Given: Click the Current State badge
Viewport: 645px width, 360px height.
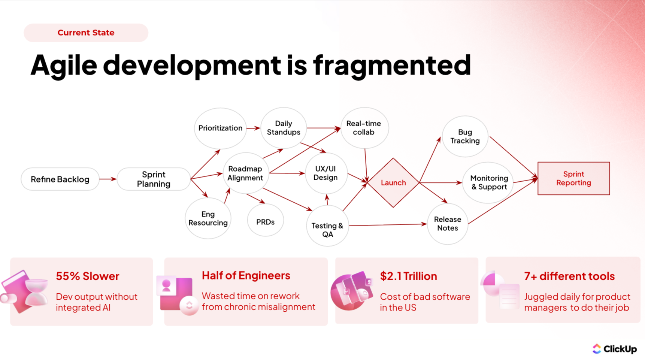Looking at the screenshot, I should pos(86,33).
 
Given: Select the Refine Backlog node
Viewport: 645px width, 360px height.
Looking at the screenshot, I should pos(60,179).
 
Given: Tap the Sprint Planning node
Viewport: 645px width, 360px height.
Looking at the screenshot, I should pos(154,179).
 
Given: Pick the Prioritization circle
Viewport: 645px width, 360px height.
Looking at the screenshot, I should pos(220,128).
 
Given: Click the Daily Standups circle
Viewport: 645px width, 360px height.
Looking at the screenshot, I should pos(283,128).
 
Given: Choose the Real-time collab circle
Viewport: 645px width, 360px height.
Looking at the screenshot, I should pos(364,128).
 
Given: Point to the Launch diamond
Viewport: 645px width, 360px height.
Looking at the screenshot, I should pos(393,183).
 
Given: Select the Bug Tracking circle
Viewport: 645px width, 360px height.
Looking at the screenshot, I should pos(465,137).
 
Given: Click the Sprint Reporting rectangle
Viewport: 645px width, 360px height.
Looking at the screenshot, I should pos(573,178).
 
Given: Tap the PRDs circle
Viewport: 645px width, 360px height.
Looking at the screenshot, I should pos(265,222).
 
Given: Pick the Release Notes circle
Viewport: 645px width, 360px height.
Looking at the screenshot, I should pos(447,224).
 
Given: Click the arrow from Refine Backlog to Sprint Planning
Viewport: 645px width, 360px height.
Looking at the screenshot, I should pos(108,179).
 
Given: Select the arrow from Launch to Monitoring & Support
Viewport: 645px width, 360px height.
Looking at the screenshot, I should pos(440,183).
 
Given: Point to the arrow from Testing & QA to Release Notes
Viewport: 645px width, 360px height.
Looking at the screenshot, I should pos(387,225).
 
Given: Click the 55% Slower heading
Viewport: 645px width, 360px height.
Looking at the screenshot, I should pos(87,276).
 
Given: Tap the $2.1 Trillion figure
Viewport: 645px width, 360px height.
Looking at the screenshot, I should pos(408,276).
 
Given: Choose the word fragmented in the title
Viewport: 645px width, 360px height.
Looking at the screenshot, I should pos(392,65).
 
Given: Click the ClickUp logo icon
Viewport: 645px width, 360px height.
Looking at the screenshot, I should pos(597,349).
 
